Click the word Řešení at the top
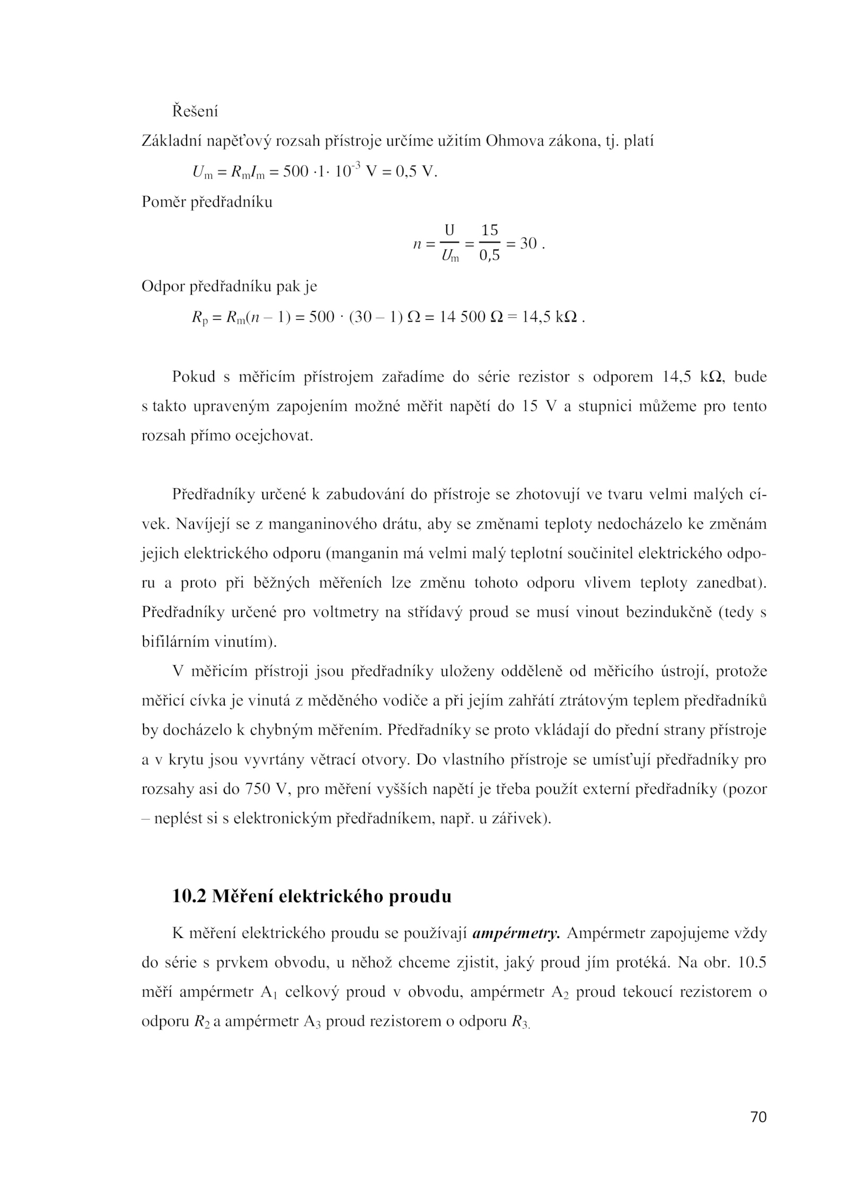(195, 112)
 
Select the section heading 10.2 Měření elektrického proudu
(312, 896)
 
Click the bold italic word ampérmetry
(516, 933)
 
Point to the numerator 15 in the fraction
(490, 230)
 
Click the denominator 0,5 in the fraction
(490, 257)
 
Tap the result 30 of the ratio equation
(528, 244)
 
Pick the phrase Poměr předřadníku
(207, 202)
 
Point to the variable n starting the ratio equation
(417, 244)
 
